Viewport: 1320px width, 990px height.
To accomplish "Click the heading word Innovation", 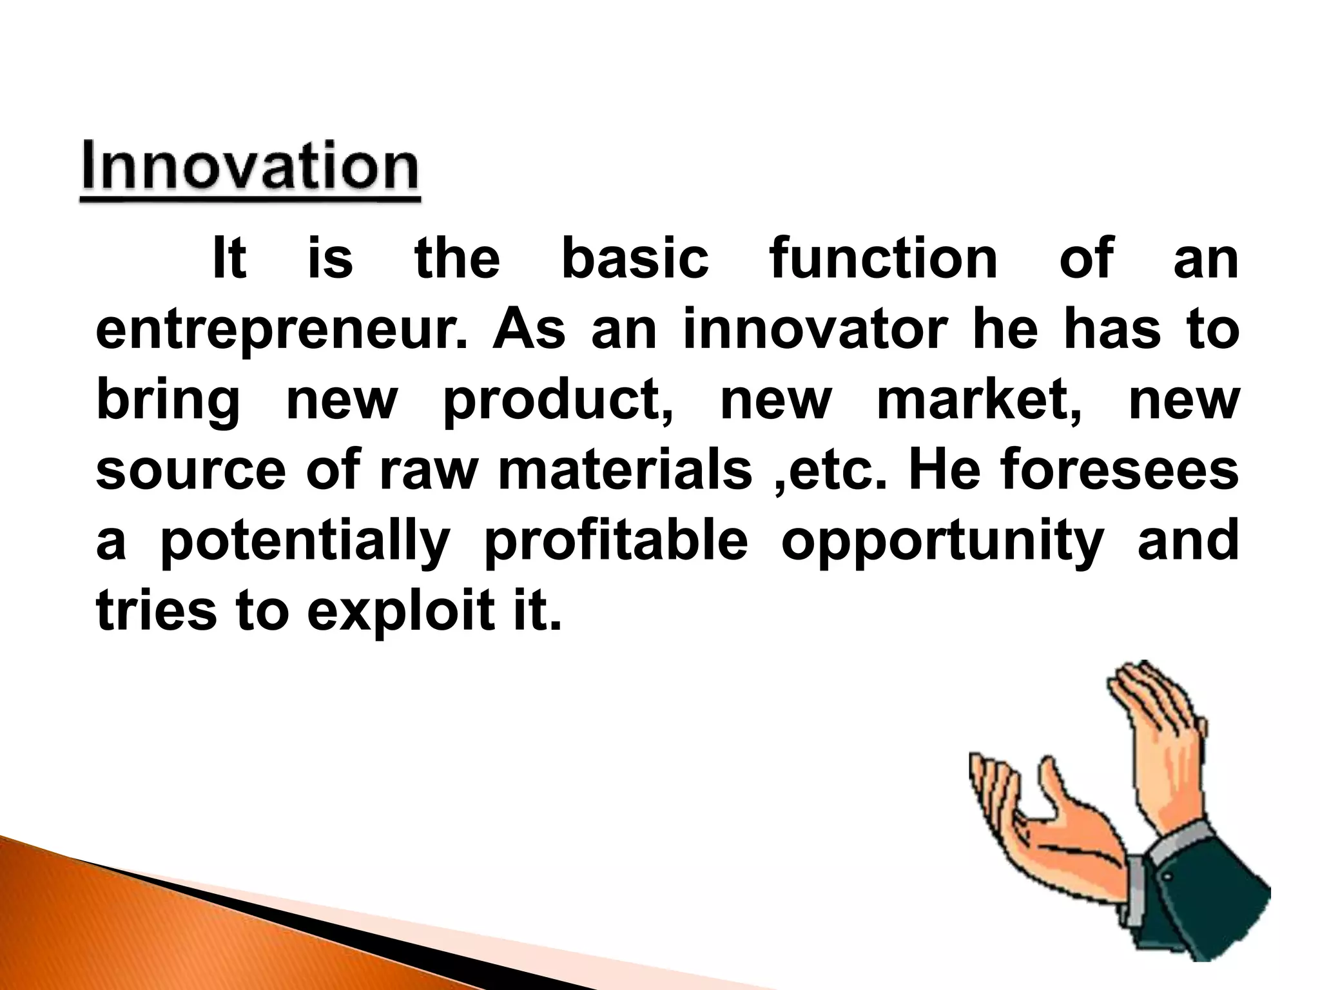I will pyautogui.click(x=250, y=168).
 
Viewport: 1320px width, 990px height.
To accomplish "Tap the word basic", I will pyautogui.click(x=635, y=259).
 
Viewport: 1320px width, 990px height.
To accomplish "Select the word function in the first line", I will pyautogui.click(x=884, y=259).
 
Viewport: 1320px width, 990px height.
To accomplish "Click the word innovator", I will pyautogui.click(x=812, y=330).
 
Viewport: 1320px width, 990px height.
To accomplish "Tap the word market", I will pyautogui.click(x=979, y=401).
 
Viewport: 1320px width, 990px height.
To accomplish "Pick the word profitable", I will pyautogui.click(x=616, y=541).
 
